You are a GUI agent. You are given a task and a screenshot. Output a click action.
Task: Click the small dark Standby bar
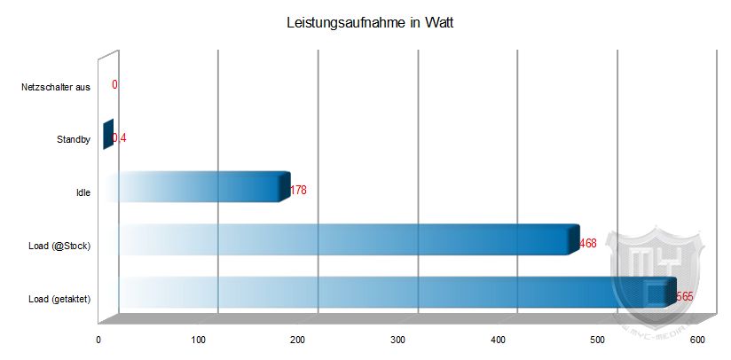pos(107,135)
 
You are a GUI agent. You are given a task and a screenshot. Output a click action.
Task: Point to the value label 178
pos(298,190)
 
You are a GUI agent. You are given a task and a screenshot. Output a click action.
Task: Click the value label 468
pos(587,243)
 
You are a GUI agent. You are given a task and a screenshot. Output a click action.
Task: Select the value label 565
pos(684,296)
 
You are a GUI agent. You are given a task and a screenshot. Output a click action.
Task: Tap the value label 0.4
pos(120,138)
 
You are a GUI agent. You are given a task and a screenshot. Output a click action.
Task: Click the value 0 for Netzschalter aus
pos(115,85)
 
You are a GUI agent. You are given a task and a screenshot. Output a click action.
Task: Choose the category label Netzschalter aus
pos(56,87)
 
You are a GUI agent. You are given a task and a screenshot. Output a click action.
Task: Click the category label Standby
pos(73,139)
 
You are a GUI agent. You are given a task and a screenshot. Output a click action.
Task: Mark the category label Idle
pos(83,192)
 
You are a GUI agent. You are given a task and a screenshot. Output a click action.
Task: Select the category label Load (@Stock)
pos(60,245)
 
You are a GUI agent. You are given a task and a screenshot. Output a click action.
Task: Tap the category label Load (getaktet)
pos(59,298)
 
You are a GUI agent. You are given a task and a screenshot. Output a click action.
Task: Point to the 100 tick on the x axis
pos(198,340)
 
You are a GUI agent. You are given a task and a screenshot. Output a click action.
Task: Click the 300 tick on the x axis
pos(397,340)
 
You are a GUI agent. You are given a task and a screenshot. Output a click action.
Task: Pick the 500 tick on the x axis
pos(597,340)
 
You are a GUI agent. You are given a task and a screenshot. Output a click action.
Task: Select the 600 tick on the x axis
pos(696,340)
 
